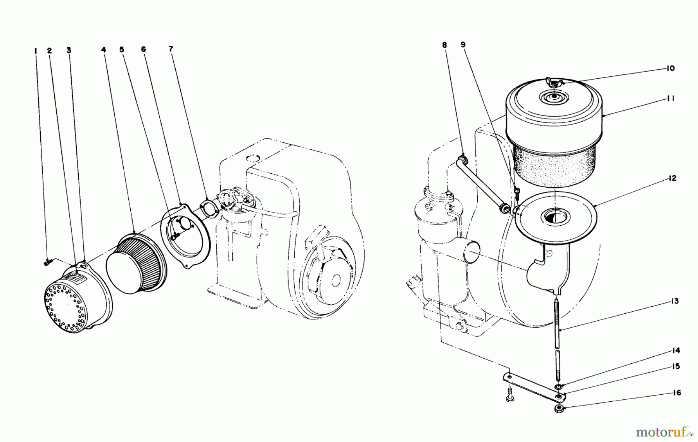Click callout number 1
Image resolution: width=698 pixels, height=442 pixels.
pos(36,50)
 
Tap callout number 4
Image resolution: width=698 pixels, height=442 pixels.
pos(104,50)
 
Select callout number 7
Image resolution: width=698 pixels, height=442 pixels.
pos(171,49)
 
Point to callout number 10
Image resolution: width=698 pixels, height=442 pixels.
pos(670,69)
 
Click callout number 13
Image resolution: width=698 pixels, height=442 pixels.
pos(675,301)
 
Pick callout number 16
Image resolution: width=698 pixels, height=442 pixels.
pos(677,393)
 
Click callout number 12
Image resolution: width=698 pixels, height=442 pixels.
pos(672,178)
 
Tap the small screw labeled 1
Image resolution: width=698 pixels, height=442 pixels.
pos(47,263)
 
